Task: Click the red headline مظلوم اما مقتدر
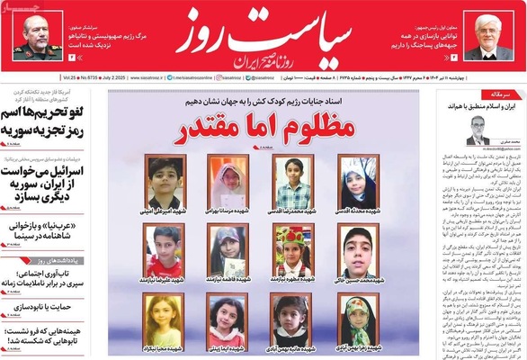click(x=263, y=128)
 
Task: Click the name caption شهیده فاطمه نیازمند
click(x=225, y=280)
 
